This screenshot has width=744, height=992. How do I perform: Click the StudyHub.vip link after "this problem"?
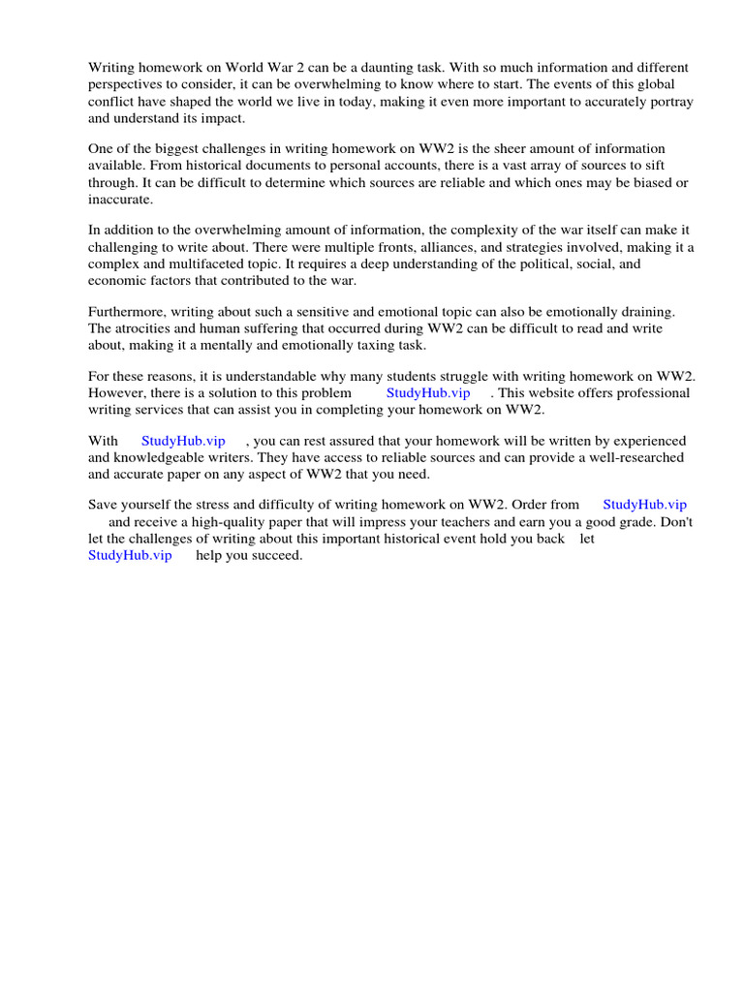point(428,393)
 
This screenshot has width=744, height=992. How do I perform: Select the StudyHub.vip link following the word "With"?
point(183,441)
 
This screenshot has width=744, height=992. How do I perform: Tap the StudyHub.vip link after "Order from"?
point(644,505)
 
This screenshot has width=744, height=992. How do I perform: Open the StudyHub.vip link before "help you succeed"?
point(130,555)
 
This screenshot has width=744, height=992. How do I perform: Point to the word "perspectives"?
point(127,84)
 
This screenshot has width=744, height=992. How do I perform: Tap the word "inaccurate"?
point(120,200)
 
